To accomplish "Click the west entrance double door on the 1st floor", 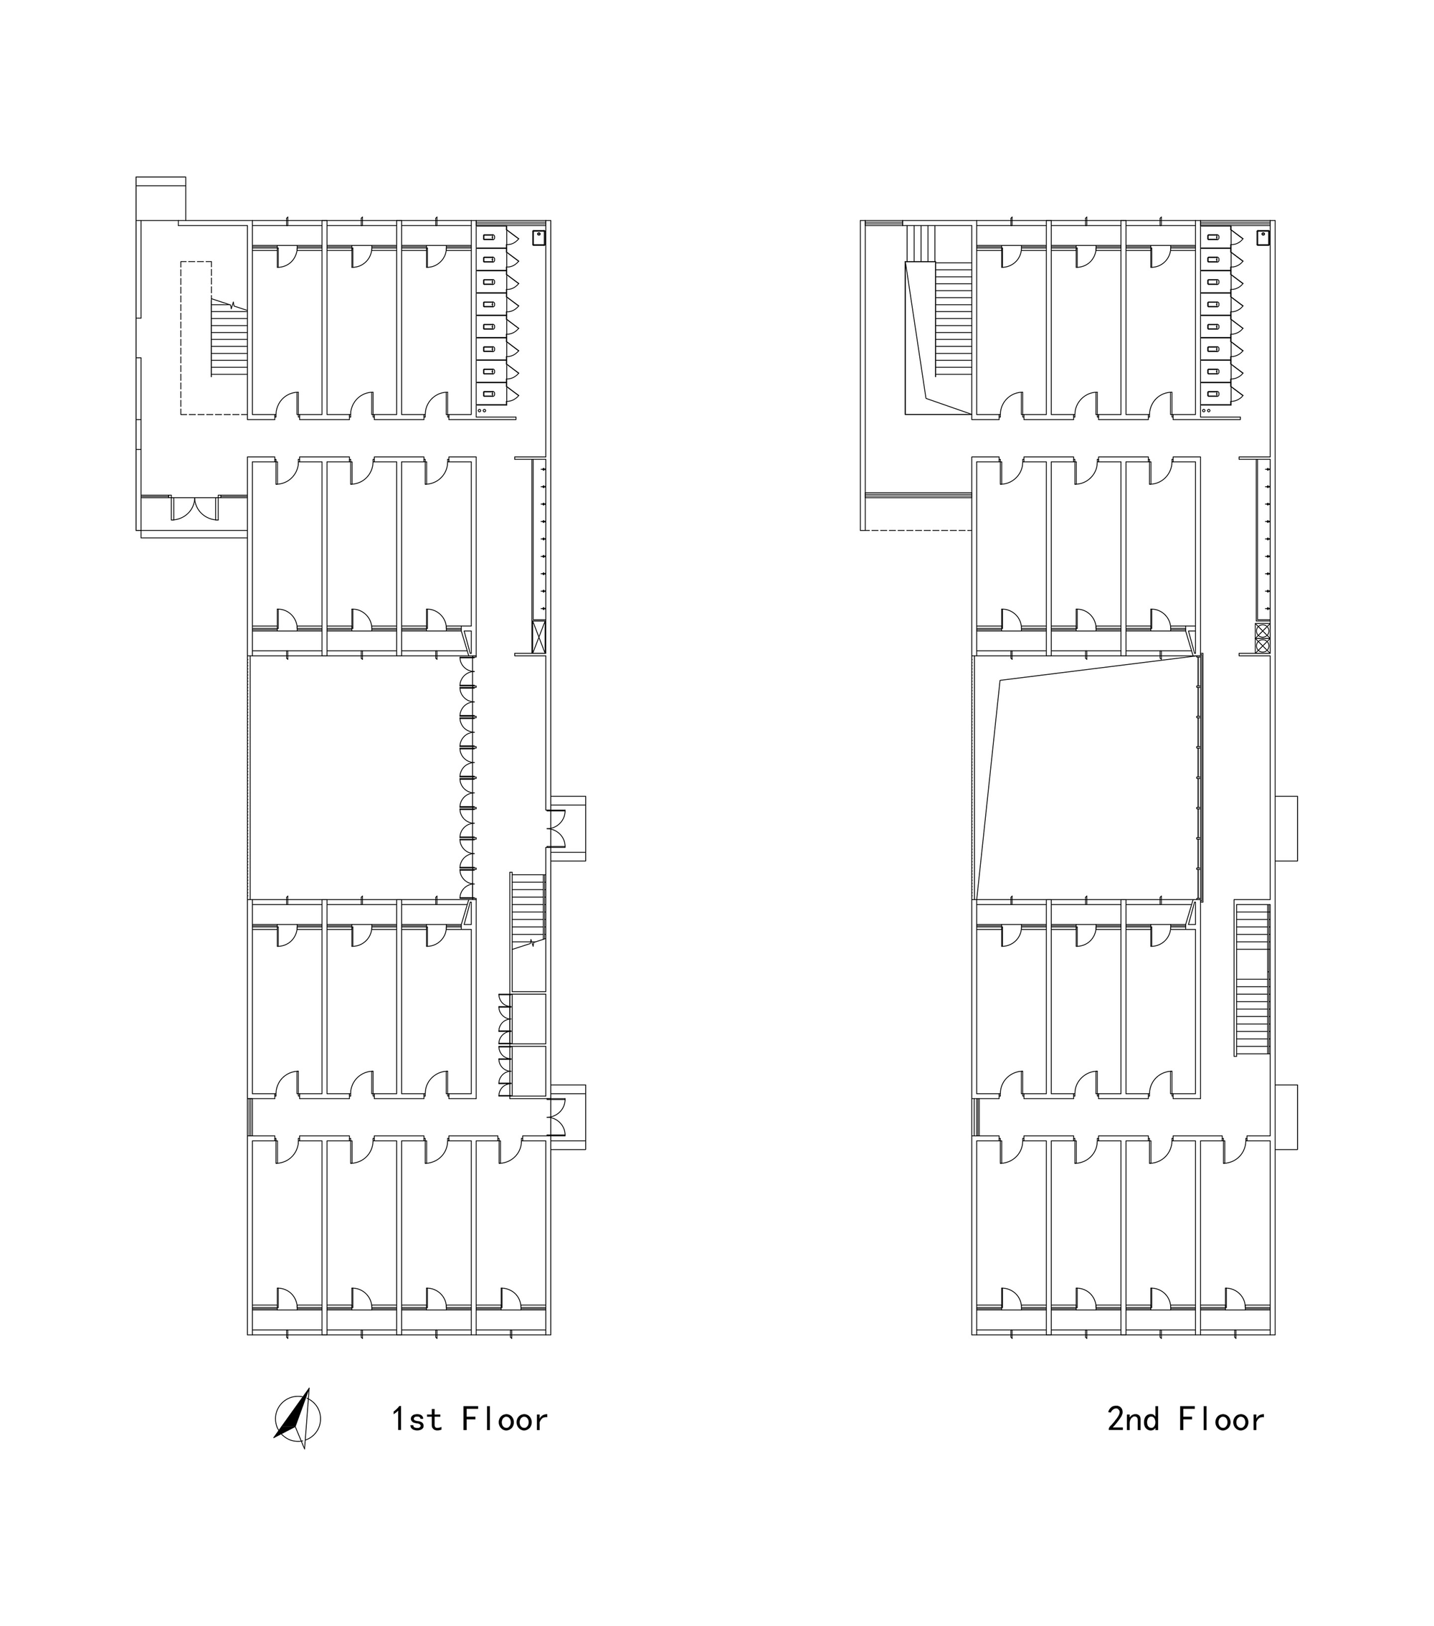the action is [x=195, y=509].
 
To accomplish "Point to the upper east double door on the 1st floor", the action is [x=556, y=828].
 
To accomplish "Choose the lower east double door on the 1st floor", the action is [x=556, y=1117].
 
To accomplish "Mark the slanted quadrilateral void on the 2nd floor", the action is [x=1086, y=777].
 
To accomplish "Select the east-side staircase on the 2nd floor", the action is [x=1252, y=978].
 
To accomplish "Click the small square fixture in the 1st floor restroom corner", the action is [x=538, y=237].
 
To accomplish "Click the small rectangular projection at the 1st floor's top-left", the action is [x=161, y=198].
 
